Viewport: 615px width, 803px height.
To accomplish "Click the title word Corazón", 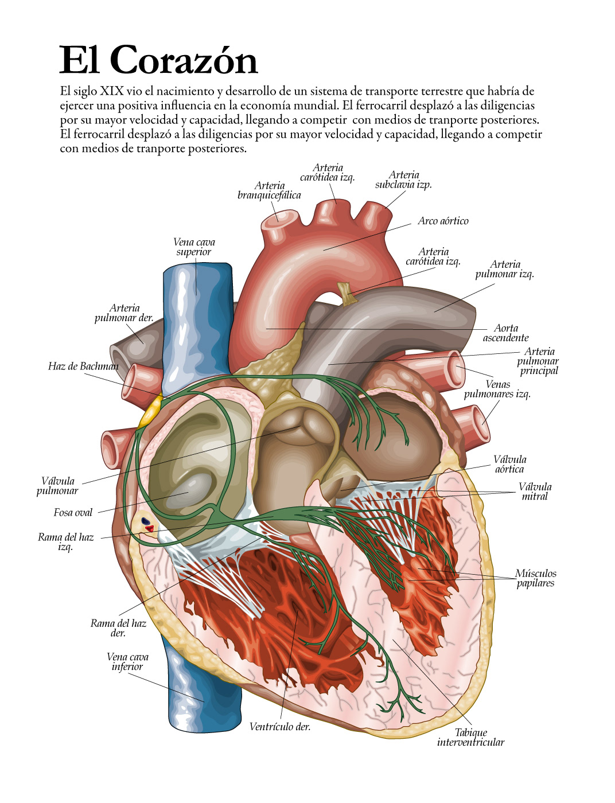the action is [184, 60].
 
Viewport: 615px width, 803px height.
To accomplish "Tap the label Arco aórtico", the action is [443, 221].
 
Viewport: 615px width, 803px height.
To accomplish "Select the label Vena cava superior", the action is [194, 247].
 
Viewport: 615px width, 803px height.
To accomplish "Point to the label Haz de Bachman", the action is [83, 367].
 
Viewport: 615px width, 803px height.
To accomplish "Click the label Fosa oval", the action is [73, 512].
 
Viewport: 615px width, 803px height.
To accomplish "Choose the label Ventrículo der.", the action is [279, 727].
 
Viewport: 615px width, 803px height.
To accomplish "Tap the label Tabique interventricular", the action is [470, 737].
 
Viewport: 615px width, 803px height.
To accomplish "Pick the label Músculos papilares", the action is [535, 578].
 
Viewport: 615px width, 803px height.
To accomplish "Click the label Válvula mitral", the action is [535, 492].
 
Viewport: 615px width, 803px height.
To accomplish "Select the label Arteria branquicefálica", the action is [269, 190].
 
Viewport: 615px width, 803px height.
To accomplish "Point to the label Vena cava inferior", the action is [127, 662].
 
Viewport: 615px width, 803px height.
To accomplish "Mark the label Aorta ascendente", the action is [505, 333].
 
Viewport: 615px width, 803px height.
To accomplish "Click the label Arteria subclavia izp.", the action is [403, 180].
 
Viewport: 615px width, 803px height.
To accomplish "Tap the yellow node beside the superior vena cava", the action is [150, 412].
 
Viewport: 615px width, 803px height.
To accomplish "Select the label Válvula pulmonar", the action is [57, 486].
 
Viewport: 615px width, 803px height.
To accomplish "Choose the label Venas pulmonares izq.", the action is [497, 389].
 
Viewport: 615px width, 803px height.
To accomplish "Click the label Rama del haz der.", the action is [118, 628].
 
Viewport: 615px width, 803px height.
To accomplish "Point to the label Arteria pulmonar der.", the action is [124, 313].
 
